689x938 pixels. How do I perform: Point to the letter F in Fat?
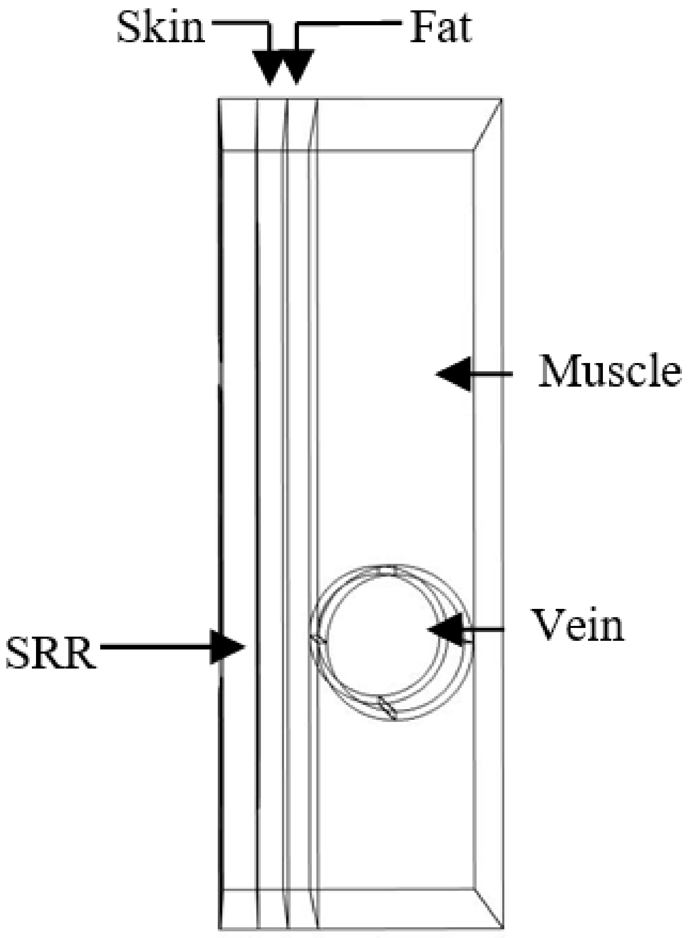[422, 28]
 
